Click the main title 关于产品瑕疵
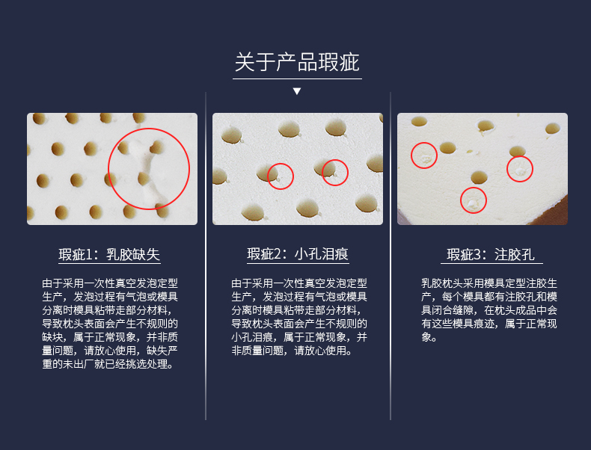(297, 62)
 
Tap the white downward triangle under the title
(297, 91)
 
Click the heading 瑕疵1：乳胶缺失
(109, 255)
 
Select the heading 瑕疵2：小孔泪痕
(298, 254)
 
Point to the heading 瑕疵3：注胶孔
(491, 255)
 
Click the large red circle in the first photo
(108, 169)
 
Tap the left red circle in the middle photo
(268, 176)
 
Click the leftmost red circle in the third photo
(411, 155)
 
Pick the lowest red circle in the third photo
(460, 200)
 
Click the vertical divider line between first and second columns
(206, 256)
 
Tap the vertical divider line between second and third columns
(391, 256)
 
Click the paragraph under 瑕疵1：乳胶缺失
(110, 324)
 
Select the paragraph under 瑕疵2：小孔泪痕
(299, 317)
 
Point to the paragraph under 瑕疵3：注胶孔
(489, 310)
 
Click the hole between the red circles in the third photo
(479, 177)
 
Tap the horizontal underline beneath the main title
(297, 78)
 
